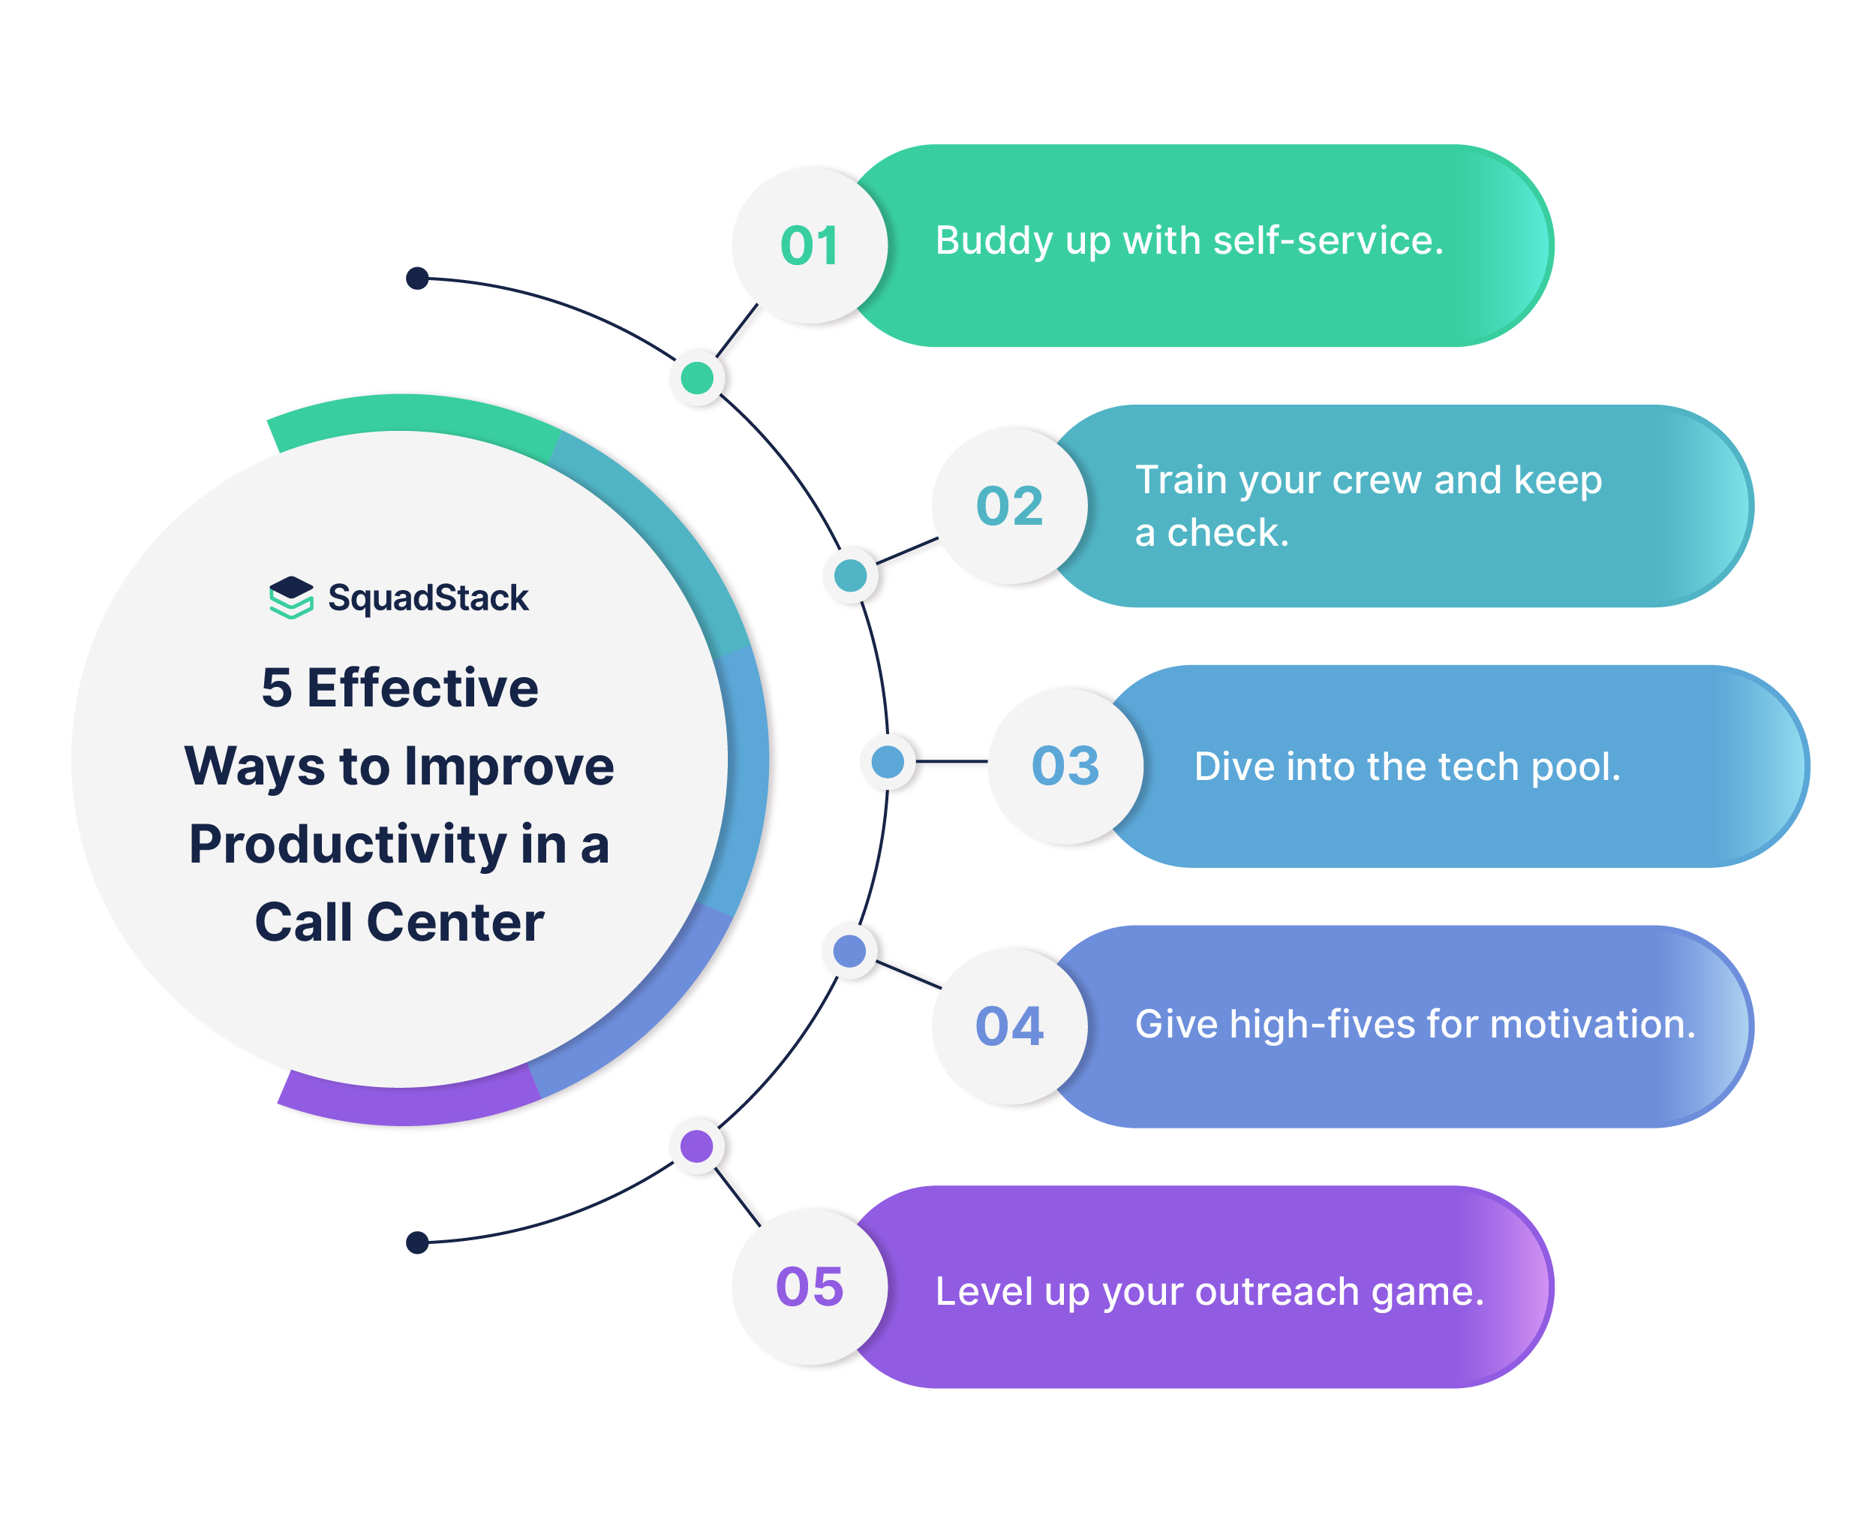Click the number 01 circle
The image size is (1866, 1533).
(x=810, y=245)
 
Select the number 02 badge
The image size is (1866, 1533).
(x=1009, y=506)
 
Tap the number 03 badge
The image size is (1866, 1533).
(x=1065, y=766)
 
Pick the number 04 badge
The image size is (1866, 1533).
(x=1009, y=1026)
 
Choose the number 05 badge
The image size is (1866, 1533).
(x=810, y=1287)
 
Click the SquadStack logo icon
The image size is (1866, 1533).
(x=291, y=598)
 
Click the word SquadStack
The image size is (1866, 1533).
(x=428, y=598)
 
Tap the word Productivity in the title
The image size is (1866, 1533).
(x=348, y=845)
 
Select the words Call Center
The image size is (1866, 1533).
(x=399, y=923)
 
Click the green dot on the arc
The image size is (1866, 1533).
(x=697, y=378)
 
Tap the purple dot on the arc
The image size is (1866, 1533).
(x=696, y=1146)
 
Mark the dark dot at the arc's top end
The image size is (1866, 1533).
(x=416, y=279)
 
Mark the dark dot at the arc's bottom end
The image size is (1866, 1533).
(x=416, y=1242)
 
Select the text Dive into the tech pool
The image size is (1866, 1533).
(x=1407, y=766)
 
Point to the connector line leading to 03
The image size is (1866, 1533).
(x=951, y=761)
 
